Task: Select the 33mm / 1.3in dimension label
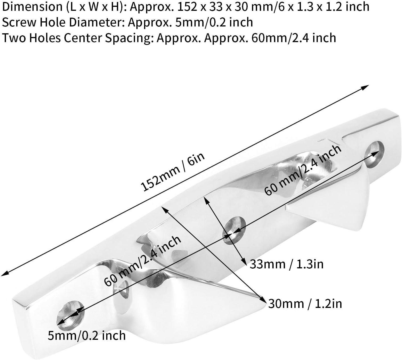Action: pos(286,264)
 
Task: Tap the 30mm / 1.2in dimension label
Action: pos(305,304)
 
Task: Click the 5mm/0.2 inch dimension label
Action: pos(87,336)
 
